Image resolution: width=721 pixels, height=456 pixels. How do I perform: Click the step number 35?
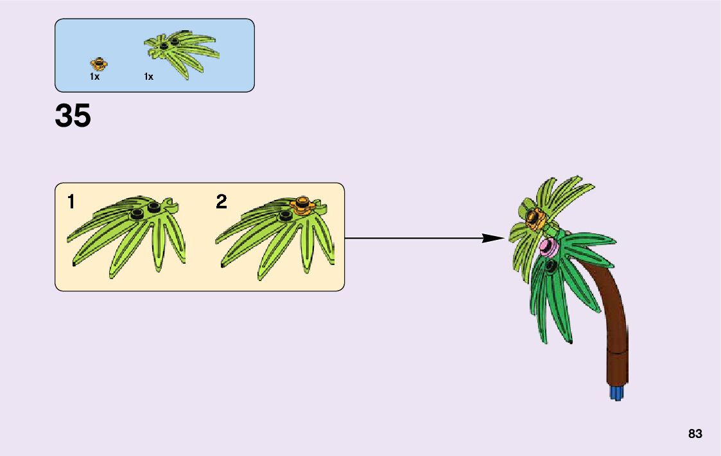[73, 116]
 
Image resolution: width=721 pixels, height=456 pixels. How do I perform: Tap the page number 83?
[695, 433]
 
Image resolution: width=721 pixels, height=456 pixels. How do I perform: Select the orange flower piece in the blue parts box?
[99, 63]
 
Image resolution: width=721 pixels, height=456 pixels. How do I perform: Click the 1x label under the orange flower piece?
[94, 77]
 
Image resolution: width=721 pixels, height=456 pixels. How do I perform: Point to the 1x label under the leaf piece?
[148, 77]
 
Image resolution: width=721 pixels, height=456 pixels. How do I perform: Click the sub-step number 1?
[71, 202]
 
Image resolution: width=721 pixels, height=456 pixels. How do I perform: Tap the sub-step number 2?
[222, 202]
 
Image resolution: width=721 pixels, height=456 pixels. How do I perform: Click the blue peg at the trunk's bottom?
[616, 392]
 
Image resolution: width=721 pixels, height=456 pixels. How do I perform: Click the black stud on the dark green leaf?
[550, 264]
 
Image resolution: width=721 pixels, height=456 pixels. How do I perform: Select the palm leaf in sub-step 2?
[276, 238]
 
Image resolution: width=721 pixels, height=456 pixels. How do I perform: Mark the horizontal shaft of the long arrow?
[411, 238]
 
